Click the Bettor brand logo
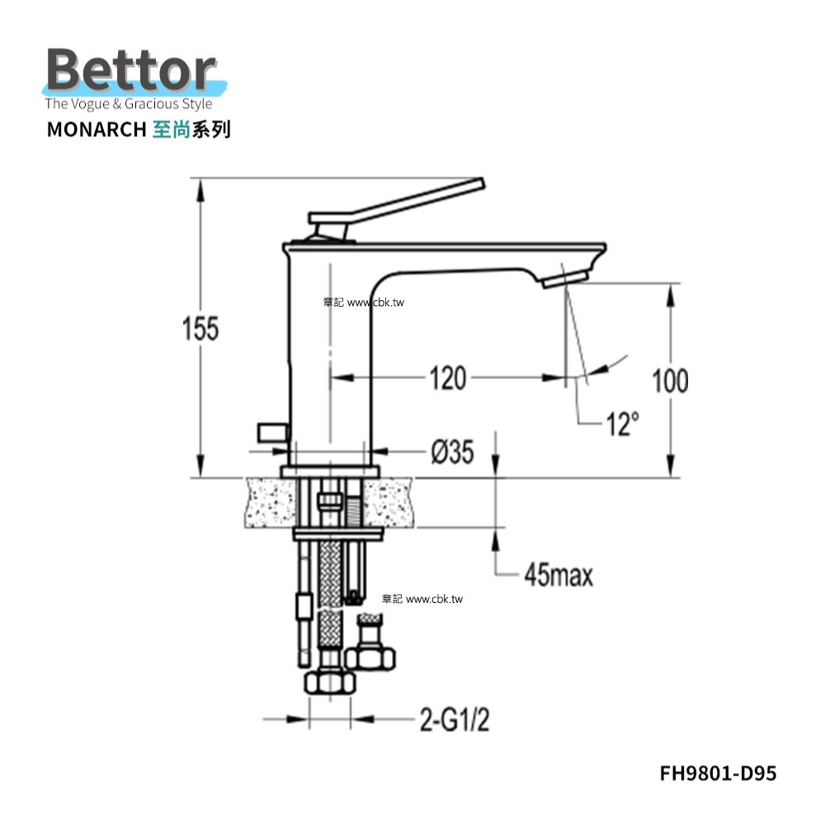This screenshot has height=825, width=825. [134, 71]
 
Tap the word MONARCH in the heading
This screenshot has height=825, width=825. [97, 130]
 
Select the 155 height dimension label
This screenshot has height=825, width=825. [200, 329]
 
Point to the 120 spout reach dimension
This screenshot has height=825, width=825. [448, 379]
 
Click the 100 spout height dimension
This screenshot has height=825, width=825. [670, 381]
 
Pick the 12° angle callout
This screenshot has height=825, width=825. [624, 423]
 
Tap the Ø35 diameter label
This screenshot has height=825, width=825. [452, 452]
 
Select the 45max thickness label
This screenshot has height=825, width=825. [559, 575]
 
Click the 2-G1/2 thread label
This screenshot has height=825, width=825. [455, 719]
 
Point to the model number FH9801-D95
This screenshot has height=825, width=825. [719, 774]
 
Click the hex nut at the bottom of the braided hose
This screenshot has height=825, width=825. [330, 682]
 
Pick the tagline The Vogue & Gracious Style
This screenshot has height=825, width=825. [129, 104]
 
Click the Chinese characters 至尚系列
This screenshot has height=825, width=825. [191, 130]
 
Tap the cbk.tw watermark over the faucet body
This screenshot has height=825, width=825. [364, 303]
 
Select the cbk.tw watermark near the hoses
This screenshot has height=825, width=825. [422, 599]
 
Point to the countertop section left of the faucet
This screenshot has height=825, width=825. [270, 502]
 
